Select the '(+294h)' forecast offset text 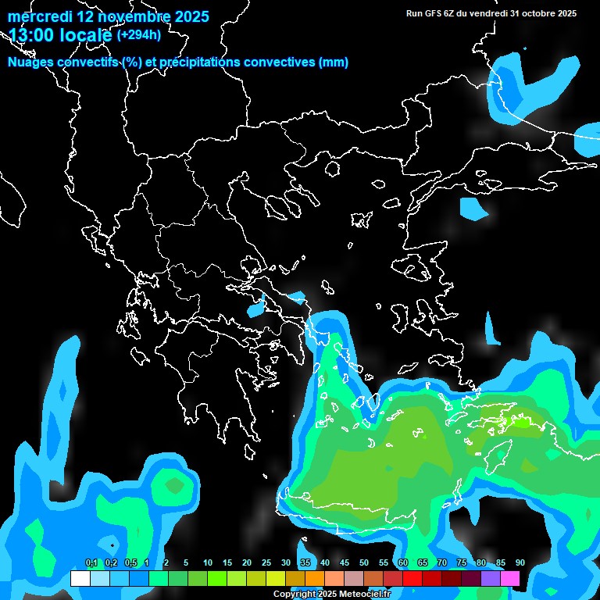140,34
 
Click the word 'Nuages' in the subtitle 31,62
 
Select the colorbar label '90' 520,562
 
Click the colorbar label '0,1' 91,562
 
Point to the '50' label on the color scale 364,562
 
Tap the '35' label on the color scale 305,562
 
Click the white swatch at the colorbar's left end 80,578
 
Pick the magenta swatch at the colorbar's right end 510,578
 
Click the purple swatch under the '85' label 491,578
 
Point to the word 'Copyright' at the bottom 295,595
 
